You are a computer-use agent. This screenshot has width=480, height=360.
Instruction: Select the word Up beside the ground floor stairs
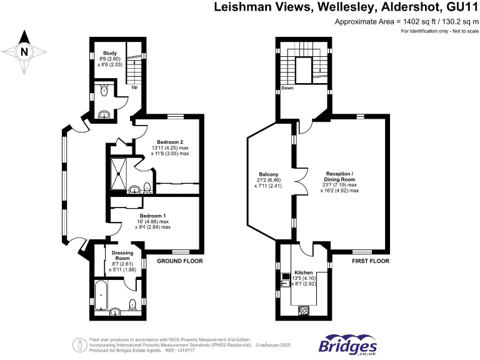(x=134, y=87)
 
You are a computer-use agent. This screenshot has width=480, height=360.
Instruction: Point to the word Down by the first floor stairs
(x=287, y=88)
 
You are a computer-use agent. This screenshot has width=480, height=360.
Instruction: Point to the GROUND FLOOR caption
(x=180, y=261)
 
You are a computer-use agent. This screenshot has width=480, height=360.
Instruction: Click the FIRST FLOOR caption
(x=370, y=261)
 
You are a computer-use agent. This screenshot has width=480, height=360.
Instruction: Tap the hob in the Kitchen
(x=305, y=309)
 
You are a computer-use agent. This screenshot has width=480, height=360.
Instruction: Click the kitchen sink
(x=284, y=283)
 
